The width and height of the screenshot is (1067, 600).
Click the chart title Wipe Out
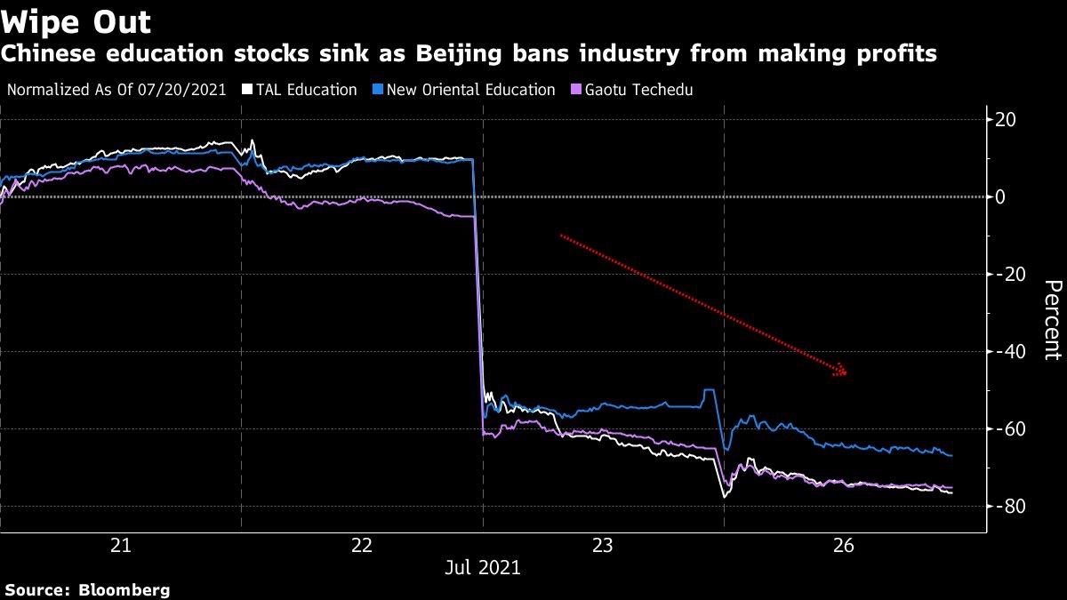[x=76, y=21]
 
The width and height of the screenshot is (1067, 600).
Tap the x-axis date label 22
[x=362, y=544]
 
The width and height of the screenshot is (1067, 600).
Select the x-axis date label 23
[x=603, y=544]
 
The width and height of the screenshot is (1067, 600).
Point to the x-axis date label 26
[x=844, y=544]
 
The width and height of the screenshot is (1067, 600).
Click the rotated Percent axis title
[x=1052, y=319]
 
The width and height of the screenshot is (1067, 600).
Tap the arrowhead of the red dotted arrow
[x=840, y=371]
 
